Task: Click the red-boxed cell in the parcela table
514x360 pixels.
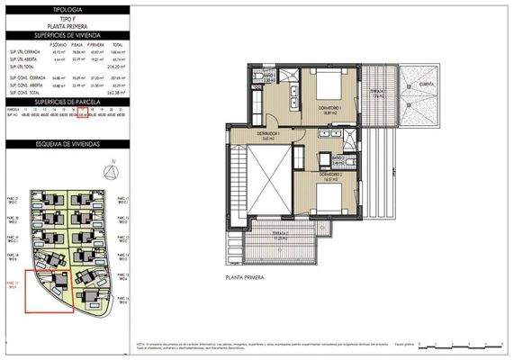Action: coord(82,116)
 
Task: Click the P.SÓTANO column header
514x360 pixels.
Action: coord(61,44)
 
